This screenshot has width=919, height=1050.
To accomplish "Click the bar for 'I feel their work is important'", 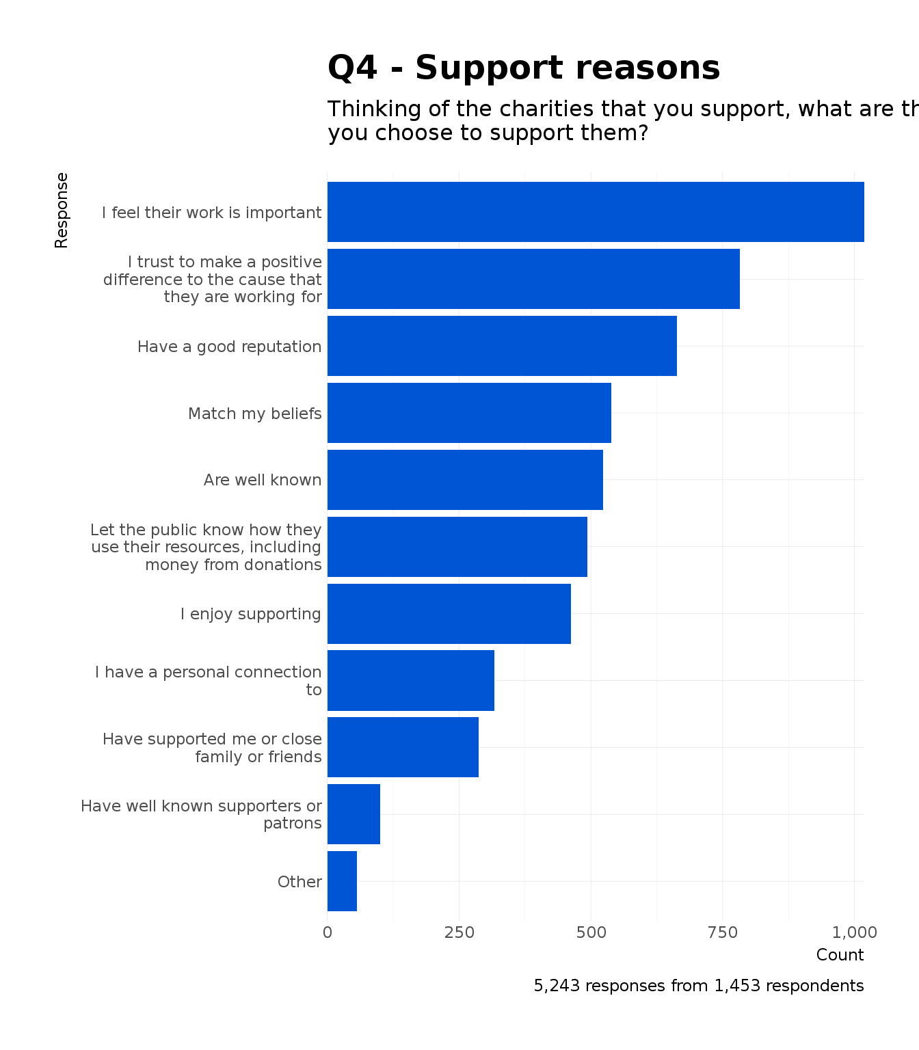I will coord(595,212).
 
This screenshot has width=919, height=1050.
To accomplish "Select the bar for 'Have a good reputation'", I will coord(502,346).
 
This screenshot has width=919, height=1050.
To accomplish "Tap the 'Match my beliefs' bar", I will coord(469,413).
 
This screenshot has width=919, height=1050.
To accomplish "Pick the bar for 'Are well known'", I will coord(465,480).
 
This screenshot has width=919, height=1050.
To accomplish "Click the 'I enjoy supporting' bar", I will coord(449,614).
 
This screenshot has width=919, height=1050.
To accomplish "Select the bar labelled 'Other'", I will coord(342,881).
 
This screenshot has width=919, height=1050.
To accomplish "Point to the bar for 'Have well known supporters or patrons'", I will coord(354,814).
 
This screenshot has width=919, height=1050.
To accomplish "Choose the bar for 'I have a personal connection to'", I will coord(410,680).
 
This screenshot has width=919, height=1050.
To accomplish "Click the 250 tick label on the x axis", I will coord(459,932).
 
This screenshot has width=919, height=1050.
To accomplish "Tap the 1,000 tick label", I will coord(854,932).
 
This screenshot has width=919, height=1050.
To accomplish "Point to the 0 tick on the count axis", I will coord(328,932).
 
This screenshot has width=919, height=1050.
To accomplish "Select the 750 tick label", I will coord(723,932).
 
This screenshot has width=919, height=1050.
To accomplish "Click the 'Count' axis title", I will coord(840,955).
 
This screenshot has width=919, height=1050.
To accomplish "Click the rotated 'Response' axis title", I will coord(62,210).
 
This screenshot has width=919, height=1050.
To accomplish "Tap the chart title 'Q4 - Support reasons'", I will coord(524,68).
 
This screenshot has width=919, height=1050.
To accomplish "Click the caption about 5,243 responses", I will coord(698,986).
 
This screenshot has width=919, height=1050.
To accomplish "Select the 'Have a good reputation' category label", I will coord(229,347).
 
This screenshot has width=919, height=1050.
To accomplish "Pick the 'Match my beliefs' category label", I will coord(254,414).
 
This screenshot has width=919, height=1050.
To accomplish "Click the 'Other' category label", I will coord(299,882).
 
